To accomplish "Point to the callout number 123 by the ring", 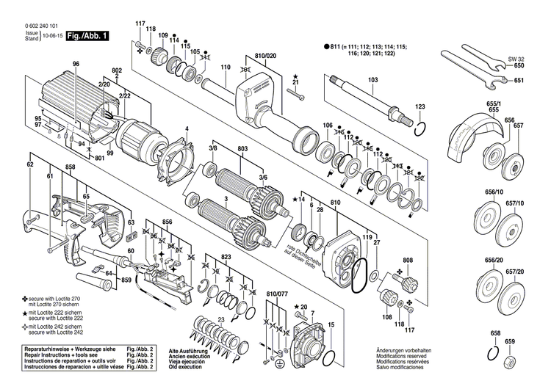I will tap(420, 108).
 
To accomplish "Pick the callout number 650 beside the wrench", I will tap(519, 66).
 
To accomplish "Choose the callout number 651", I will tap(519, 80).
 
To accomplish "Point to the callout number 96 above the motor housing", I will tap(75, 64).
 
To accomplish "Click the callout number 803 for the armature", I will tap(243, 149).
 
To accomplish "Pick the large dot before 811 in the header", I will tap(327, 46).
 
